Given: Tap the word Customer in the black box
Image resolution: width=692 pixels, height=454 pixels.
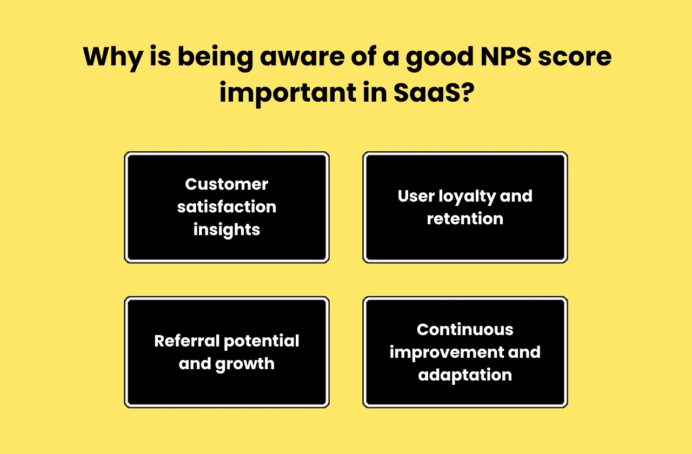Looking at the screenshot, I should (227, 184).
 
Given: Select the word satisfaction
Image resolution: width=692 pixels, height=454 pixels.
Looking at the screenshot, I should (227, 207).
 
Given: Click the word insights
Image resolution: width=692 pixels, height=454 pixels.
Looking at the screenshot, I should (227, 230).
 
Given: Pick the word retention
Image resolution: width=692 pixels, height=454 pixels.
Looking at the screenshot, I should (465, 219).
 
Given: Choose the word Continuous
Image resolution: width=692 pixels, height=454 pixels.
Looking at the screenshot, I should (465, 330).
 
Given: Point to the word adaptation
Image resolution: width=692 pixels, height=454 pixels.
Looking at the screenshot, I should (465, 375).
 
